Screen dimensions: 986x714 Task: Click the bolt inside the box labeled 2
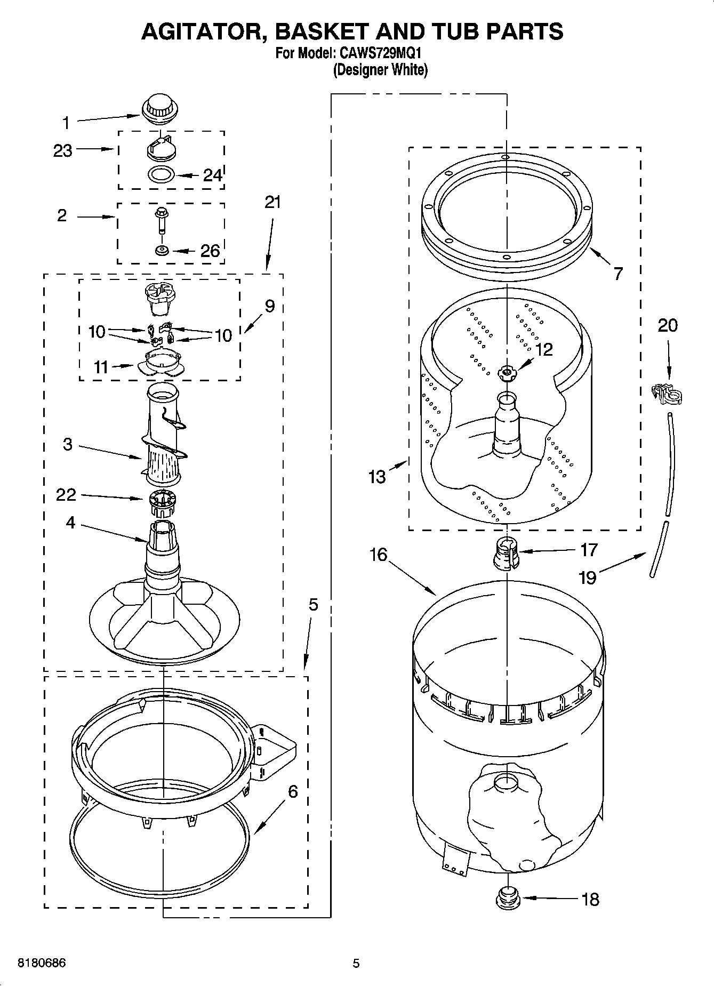coord(161,220)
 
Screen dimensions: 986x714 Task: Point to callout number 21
coord(272,203)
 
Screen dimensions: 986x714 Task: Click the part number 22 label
coord(66,495)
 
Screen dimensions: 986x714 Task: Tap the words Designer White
coord(380,70)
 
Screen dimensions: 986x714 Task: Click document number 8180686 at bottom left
coord(42,963)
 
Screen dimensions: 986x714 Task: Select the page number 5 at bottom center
coord(356,963)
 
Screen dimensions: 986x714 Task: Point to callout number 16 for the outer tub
coord(378,555)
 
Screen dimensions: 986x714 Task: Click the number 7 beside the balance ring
coord(617,274)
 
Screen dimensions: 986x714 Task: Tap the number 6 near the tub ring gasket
coord(293,791)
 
